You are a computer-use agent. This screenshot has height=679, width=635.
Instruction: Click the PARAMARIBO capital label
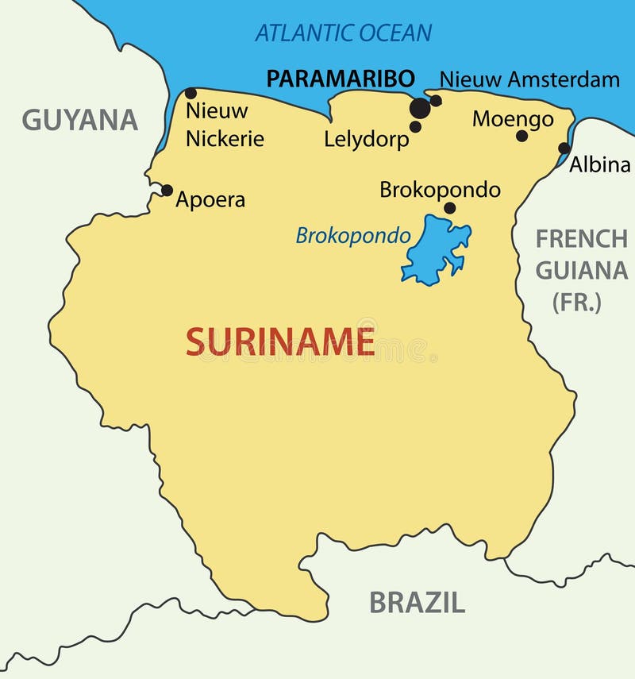click(x=341, y=79)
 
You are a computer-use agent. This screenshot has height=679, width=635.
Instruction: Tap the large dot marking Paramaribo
click(x=420, y=108)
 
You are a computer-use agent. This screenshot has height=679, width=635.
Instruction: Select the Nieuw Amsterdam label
click(x=529, y=79)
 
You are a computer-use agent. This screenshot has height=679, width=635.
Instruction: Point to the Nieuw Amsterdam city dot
click(x=436, y=101)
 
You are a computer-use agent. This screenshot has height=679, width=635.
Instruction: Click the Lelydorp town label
click(x=366, y=139)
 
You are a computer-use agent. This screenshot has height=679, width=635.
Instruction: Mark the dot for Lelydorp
click(x=415, y=126)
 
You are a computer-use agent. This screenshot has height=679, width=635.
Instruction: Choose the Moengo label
click(x=513, y=119)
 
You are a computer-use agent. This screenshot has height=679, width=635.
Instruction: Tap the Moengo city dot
click(x=521, y=136)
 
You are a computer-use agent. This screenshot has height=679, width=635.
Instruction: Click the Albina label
click(x=599, y=164)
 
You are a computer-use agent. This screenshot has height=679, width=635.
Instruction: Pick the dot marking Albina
click(x=564, y=148)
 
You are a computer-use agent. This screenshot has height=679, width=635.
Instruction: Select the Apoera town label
click(x=210, y=199)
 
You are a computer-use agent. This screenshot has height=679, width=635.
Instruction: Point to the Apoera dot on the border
click(x=167, y=190)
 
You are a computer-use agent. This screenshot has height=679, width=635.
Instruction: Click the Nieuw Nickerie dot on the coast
click(x=190, y=94)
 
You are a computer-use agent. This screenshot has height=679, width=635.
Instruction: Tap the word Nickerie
click(x=225, y=138)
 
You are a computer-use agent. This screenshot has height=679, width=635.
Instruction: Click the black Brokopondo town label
click(x=440, y=190)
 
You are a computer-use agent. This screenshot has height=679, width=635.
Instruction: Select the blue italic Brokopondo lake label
click(x=353, y=235)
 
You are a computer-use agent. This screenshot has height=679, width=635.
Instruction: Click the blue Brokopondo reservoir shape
click(x=433, y=251)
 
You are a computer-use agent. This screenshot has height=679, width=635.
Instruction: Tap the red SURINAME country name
click(x=280, y=341)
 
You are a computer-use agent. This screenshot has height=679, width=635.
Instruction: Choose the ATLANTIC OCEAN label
click(x=343, y=33)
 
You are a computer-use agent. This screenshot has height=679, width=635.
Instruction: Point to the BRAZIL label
click(x=417, y=603)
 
